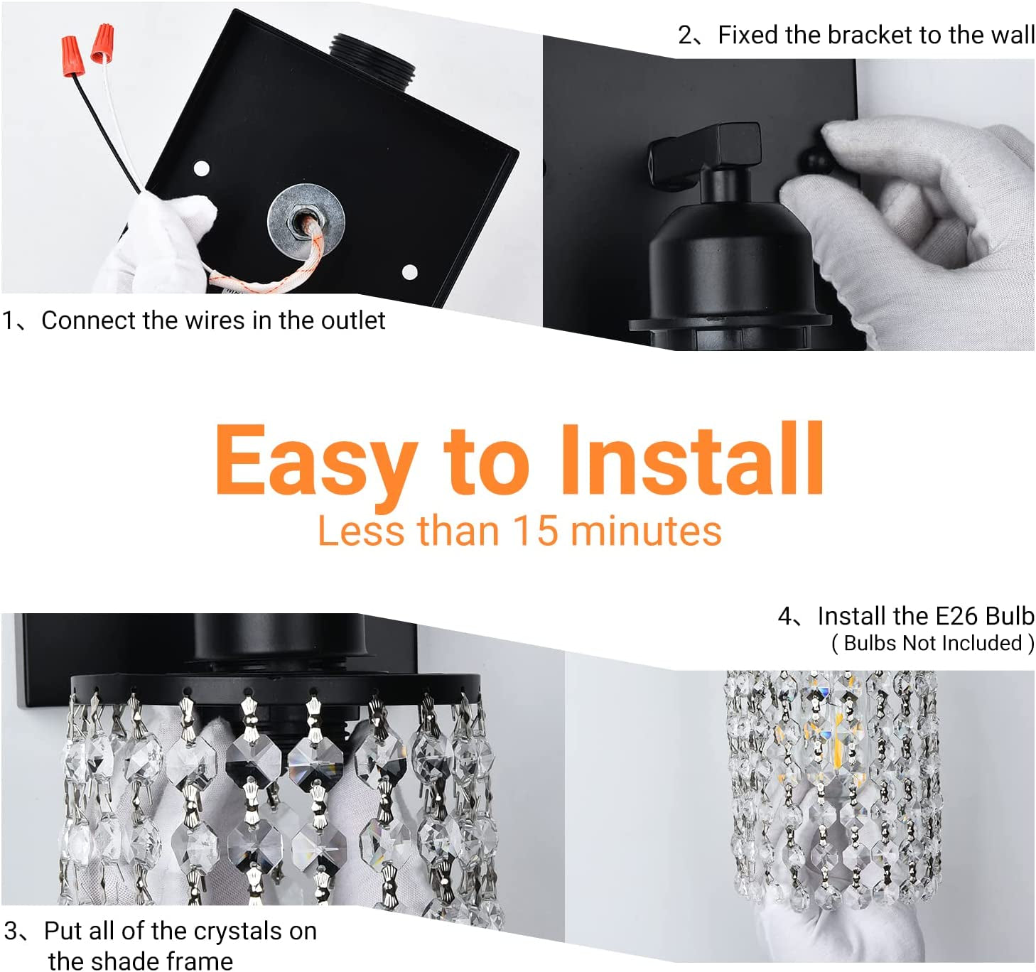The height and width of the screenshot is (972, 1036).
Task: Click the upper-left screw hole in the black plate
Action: click(x=202, y=169)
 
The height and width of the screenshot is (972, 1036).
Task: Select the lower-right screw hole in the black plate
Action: click(x=409, y=271)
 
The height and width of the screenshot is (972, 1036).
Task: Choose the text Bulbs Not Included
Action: click(x=932, y=643)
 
